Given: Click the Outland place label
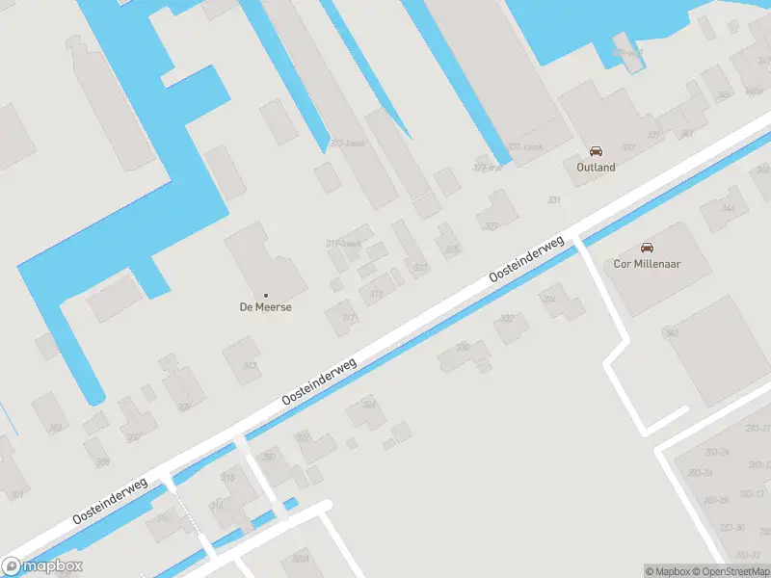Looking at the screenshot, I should [596, 167].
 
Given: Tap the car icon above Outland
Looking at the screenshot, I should [596, 151].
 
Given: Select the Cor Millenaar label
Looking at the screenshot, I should [648, 263].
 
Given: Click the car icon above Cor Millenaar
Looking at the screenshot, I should [648, 247].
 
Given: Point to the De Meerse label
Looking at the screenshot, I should [266, 307].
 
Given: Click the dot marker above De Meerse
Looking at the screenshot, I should [266, 294].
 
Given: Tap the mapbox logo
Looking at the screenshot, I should [42, 566].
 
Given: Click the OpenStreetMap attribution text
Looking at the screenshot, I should [729, 571].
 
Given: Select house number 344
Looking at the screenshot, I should [728, 207].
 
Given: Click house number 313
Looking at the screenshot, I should [251, 365].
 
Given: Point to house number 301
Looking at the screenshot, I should [17, 495].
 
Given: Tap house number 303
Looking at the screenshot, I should [56, 429].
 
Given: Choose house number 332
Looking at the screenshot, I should [507, 317].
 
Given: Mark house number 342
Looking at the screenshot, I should [672, 333].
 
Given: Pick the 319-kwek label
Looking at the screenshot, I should [344, 243].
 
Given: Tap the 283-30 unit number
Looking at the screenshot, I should [731, 527].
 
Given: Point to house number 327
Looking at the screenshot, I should [492, 226].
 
